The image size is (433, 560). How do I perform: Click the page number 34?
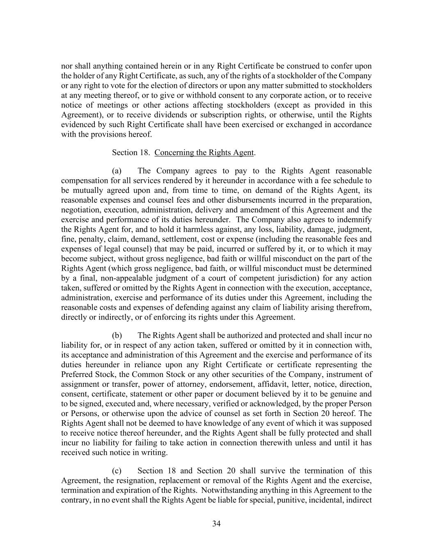point(216,523)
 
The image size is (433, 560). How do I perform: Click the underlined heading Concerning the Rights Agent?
point(204,153)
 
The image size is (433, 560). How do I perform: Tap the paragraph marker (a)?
point(117,171)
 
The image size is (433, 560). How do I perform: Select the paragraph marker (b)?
point(117,336)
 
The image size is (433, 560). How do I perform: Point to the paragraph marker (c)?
point(117,471)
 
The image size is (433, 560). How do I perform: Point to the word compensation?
point(85,181)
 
